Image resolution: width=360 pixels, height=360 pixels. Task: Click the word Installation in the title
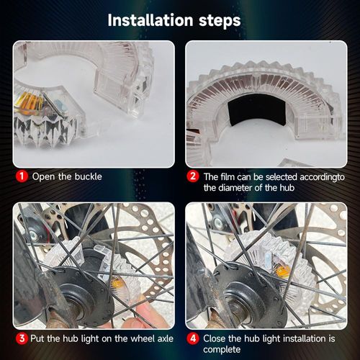[150, 20]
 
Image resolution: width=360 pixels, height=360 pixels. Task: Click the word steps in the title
[220, 21]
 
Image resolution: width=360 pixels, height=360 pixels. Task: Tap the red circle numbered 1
[22, 176]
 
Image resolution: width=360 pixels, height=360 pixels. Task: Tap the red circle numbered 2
[193, 176]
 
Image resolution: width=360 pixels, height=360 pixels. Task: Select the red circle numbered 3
[22, 338]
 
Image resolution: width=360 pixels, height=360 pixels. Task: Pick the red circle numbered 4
[193, 338]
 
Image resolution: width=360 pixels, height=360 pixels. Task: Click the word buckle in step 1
[89, 176]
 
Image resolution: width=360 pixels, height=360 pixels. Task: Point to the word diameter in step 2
[228, 187]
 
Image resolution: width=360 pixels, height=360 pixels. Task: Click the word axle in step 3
[165, 338]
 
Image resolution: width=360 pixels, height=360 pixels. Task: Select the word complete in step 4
[222, 349]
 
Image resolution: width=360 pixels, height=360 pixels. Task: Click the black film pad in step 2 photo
[256, 109]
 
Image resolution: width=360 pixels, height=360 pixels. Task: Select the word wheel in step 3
[142, 338]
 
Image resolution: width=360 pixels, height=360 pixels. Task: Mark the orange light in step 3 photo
[117, 283]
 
